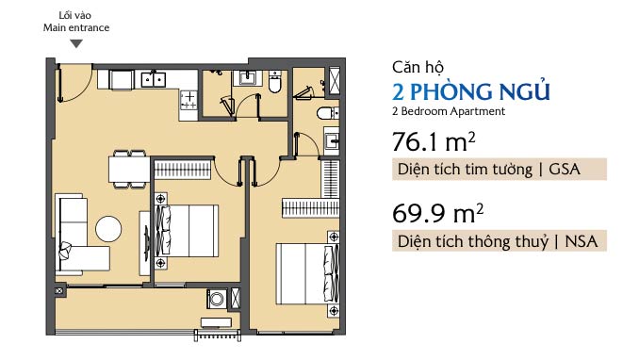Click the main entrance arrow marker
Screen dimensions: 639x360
coord(76,43)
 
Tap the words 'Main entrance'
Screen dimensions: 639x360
coord(76,27)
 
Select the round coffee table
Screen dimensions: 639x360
coord(108,229)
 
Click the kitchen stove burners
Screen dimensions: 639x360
coord(188,100)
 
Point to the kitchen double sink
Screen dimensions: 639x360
coord(154,79)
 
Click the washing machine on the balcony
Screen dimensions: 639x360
coord(217,300)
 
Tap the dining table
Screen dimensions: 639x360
coord(129,170)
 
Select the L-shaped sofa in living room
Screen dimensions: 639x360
coord(80,235)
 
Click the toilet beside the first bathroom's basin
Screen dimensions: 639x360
coord(275,82)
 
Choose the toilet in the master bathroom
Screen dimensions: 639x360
coord(328,113)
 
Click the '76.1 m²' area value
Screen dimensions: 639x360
coord(434,141)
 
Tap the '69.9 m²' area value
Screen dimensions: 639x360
coord(437,213)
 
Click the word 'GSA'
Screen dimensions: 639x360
coord(565,170)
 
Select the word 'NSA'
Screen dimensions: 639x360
coord(582,241)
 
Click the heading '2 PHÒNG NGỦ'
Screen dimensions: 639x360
coord(471,90)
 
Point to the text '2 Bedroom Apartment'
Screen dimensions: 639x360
coord(449,111)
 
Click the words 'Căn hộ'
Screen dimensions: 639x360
coord(418,67)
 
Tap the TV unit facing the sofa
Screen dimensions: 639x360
coord(145,243)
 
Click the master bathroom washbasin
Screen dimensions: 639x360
coord(332,140)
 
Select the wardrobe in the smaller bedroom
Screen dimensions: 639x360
coord(182,170)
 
